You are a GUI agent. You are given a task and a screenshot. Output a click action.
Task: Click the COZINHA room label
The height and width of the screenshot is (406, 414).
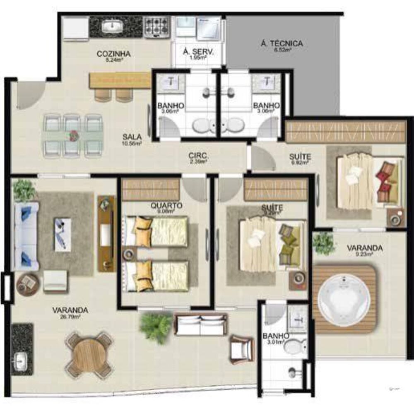[113, 54]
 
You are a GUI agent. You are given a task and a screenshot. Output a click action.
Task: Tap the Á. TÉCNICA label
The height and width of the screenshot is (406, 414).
[282, 43]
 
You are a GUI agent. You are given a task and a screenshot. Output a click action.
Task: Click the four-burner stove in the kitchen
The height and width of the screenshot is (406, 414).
[156, 27]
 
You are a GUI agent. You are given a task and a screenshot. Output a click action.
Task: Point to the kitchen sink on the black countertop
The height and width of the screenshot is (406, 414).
[111, 27]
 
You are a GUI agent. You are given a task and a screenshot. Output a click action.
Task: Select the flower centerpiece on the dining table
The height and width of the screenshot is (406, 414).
[74, 135]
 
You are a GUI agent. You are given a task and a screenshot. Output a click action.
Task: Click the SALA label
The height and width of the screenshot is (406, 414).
[132, 137]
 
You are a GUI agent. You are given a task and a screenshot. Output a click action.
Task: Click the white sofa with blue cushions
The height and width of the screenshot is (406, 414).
[26, 236]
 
